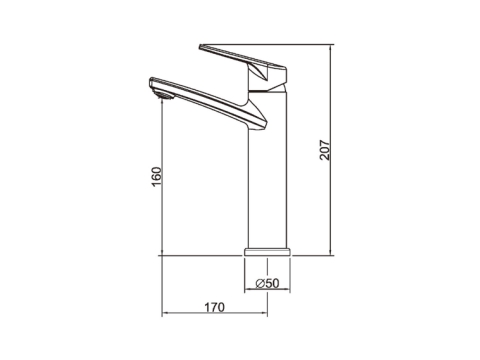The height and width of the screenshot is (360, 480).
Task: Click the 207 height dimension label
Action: [324, 150]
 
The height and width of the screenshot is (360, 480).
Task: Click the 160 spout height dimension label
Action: [156, 177]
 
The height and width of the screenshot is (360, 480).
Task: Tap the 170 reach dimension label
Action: [214, 307]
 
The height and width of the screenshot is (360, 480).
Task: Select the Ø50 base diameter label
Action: [267, 283]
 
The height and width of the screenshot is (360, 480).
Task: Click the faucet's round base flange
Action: [267, 252]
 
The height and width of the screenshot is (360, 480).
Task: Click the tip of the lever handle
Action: [200, 47]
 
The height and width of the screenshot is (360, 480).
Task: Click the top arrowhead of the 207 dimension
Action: [330, 47]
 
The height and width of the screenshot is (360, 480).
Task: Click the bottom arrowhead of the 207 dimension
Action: [330, 253]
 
